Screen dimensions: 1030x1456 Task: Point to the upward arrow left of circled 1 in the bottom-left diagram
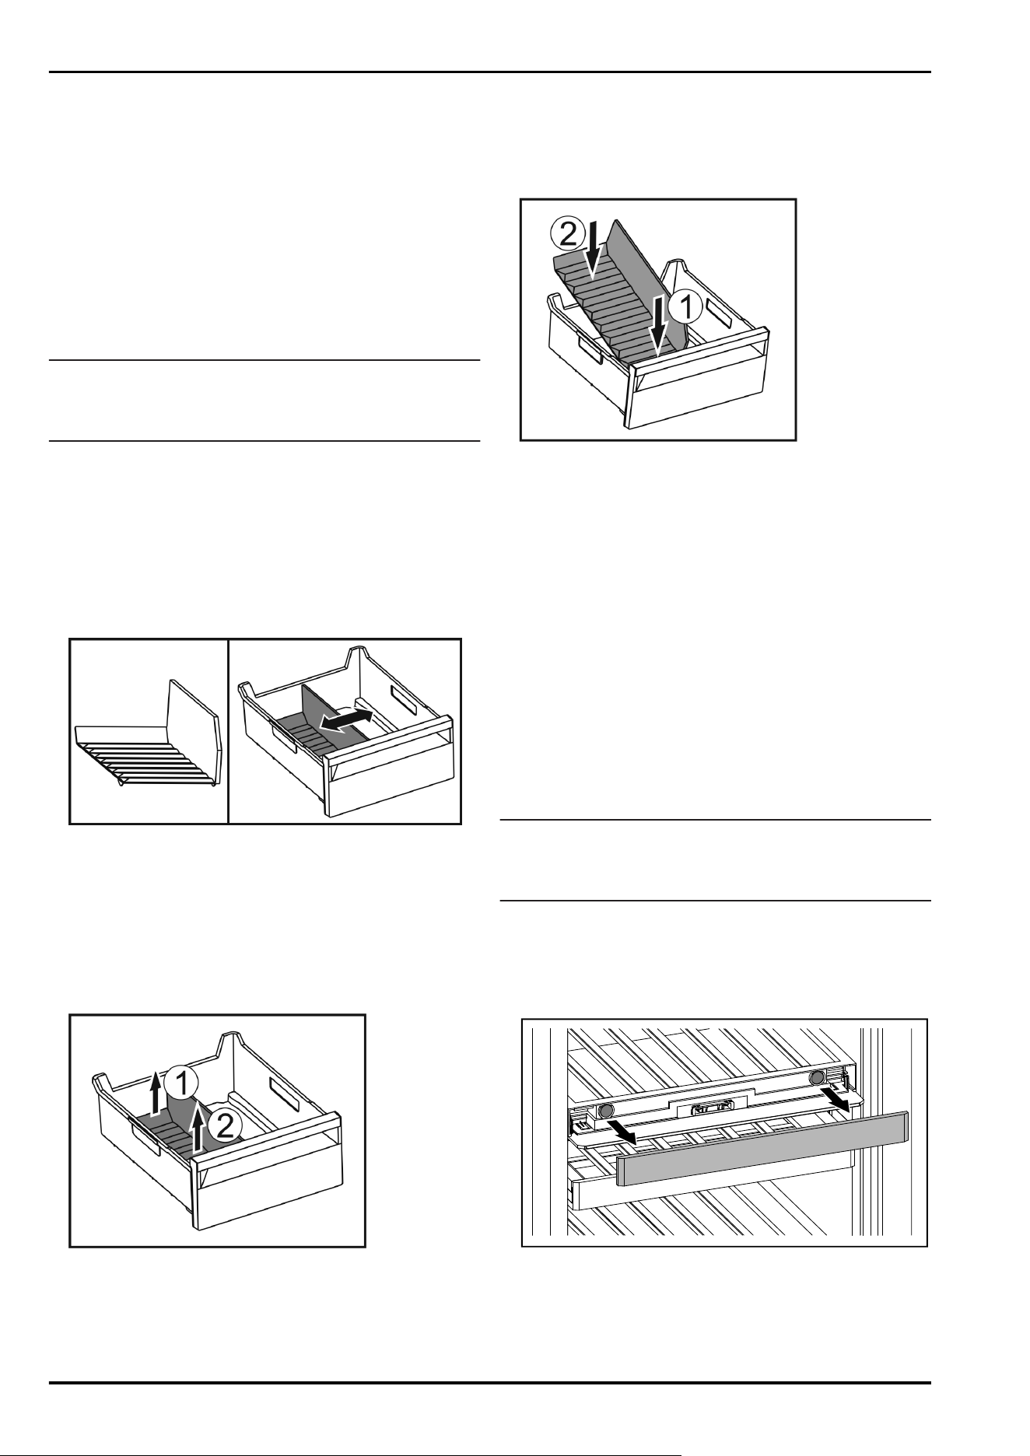coord(156,1093)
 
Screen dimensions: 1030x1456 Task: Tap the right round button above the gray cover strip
coord(817,1077)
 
